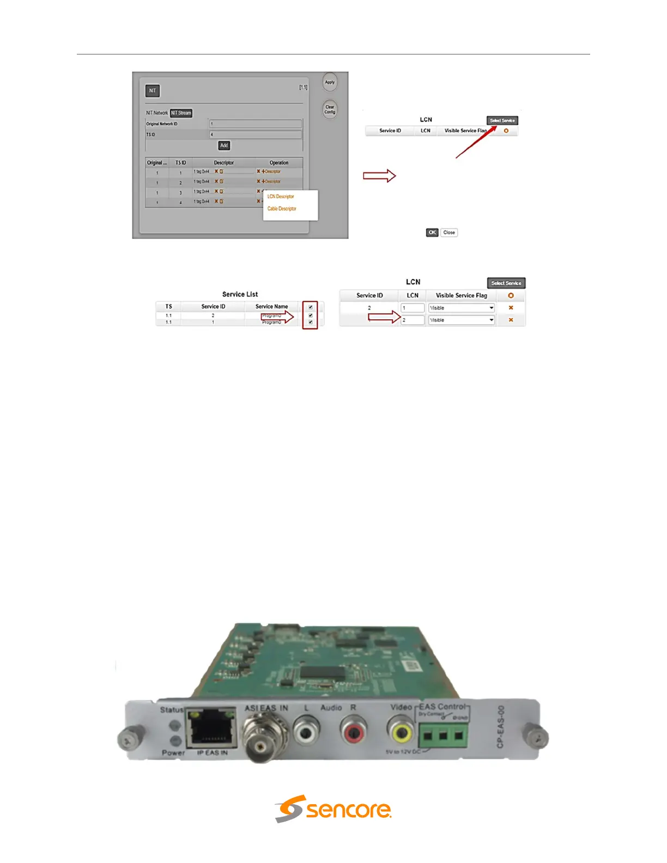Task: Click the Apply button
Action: click(x=330, y=82)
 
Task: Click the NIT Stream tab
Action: click(x=181, y=113)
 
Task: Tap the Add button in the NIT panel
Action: click(x=224, y=145)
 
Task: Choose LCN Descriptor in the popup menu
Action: click(x=281, y=197)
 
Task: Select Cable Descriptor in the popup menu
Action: click(x=282, y=209)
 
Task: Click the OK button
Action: click(x=432, y=233)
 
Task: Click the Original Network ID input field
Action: click(x=256, y=124)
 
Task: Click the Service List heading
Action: click(x=240, y=294)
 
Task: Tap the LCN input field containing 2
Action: click(x=413, y=320)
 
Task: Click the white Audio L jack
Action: click(x=307, y=731)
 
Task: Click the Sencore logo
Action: click(x=333, y=809)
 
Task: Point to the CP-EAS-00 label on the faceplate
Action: click(x=501, y=727)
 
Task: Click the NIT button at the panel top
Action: click(x=153, y=91)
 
